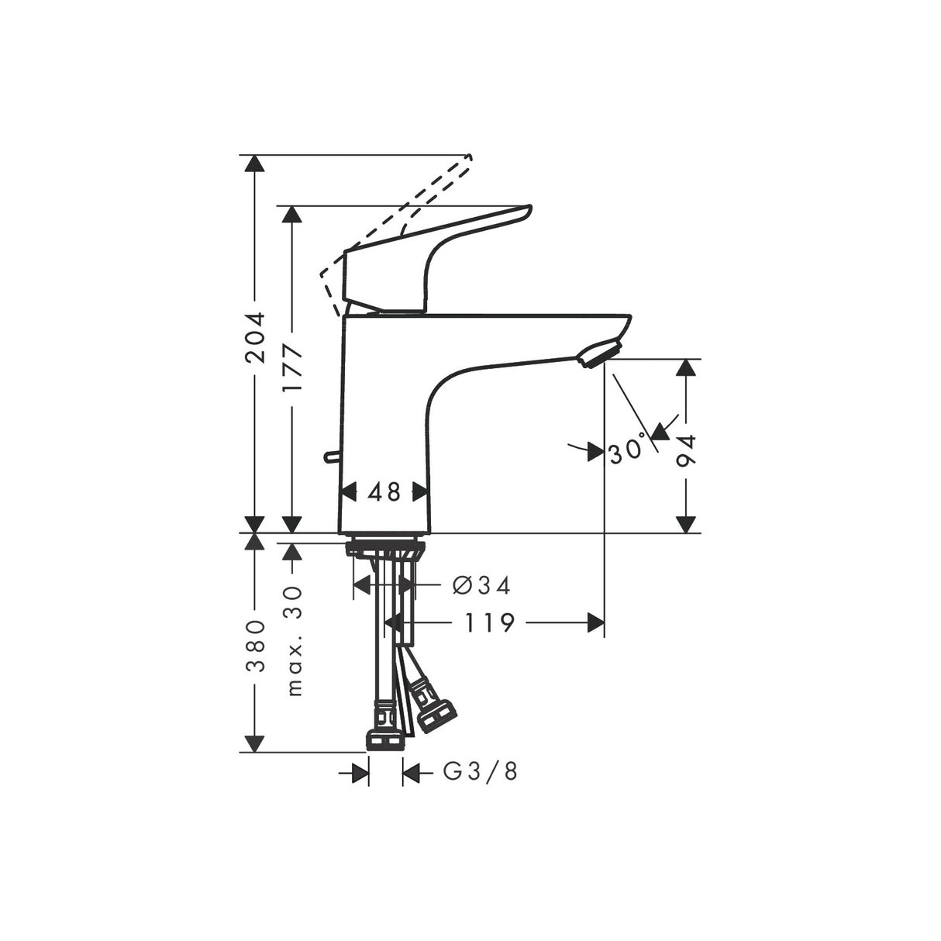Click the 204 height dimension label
(255, 337)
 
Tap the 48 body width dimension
(384, 491)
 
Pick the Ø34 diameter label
(481, 585)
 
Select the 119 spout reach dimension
(491, 622)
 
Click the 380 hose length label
(255, 645)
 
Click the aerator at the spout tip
(598, 353)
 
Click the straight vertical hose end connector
(384, 729)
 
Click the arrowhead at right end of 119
(596, 622)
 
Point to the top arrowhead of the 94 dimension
(685, 367)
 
